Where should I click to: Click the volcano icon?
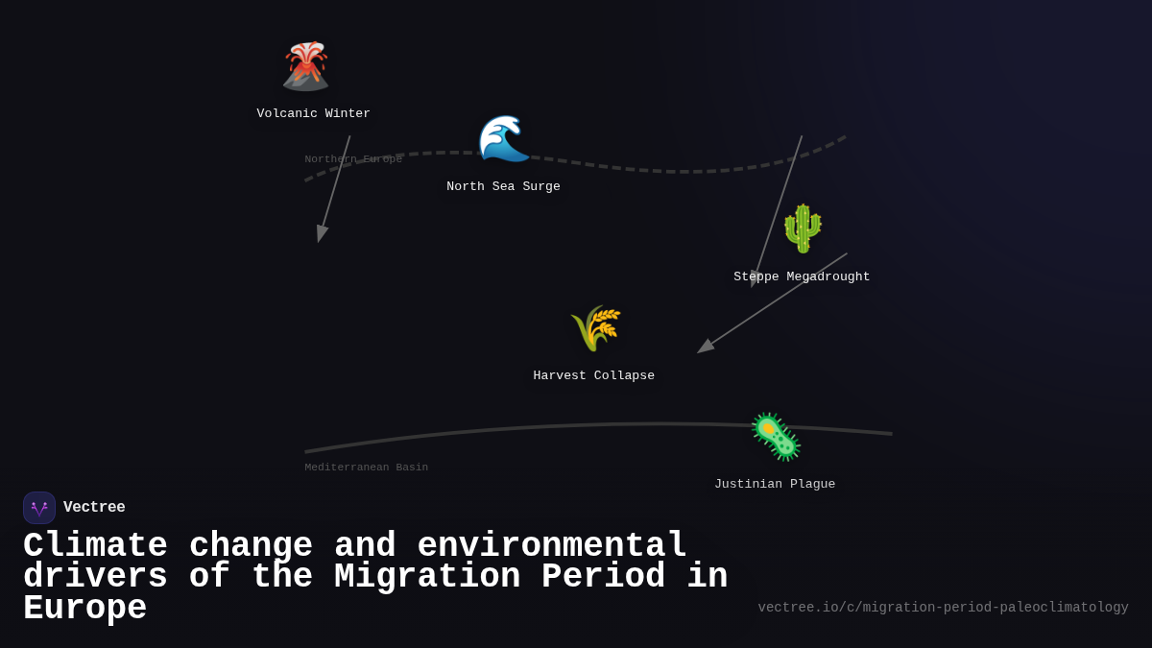click(306, 66)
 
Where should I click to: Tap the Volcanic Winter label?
click(313, 114)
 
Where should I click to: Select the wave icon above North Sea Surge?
click(503, 138)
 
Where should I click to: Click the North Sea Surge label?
click(503, 187)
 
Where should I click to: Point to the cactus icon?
click(803, 228)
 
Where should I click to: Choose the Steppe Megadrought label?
click(802, 277)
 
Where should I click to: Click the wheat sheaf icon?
click(595, 328)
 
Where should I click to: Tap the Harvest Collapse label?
click(593, 376)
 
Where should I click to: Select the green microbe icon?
click(775, 437)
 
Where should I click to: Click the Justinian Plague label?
click(774, 485)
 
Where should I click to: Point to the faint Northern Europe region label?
click(353, 159)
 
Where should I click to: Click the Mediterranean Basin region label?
click(366, 468)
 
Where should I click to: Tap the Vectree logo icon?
click(39, 508)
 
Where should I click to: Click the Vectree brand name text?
click(94, 508)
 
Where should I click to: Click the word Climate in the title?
click(95, 546)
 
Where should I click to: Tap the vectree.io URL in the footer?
click(943, 608)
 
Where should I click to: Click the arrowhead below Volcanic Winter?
click(322, 233)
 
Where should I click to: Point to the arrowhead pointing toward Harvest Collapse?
click(706, 347)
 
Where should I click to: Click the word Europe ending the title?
click(84, 609)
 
